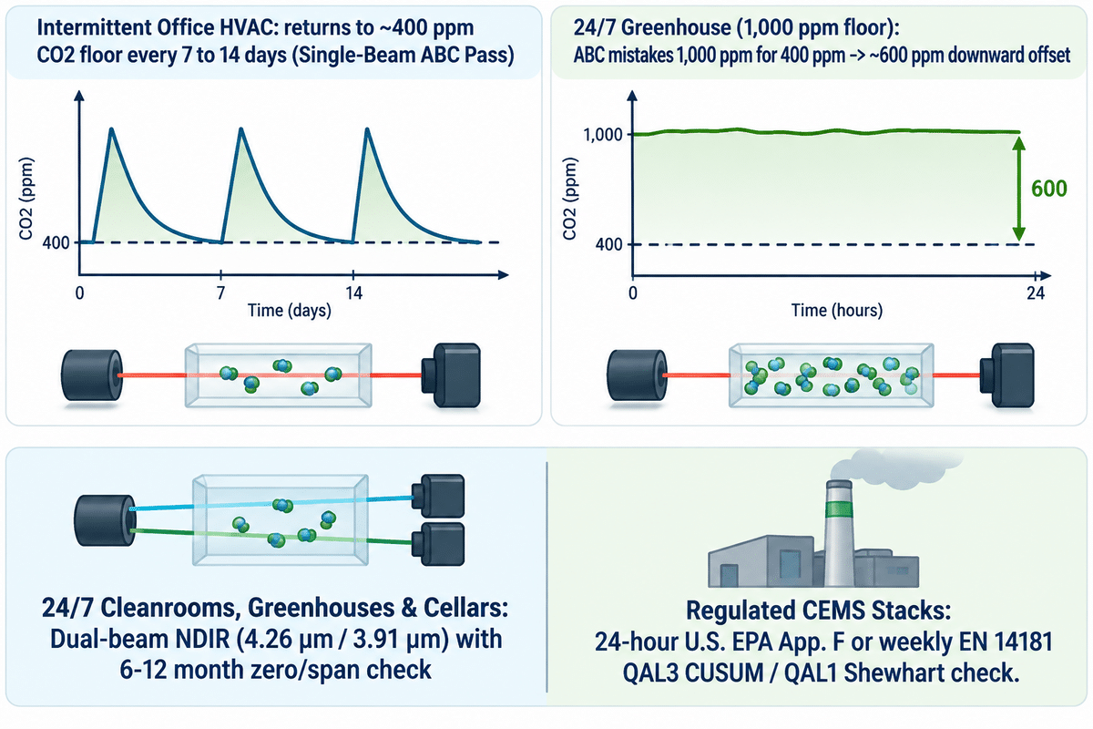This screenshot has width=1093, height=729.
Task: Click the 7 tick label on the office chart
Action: [221, 293]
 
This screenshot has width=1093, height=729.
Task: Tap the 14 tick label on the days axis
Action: [353, 293]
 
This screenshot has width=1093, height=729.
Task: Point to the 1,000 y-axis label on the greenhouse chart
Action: [603, 134]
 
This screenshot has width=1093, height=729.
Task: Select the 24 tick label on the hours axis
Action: [1036, 293]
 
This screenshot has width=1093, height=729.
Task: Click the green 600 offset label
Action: [1049, 189]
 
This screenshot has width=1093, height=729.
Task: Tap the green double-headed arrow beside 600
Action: [1018, 189]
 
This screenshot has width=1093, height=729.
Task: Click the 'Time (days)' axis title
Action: [290, 311]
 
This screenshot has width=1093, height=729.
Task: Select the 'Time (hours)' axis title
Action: [837, 311]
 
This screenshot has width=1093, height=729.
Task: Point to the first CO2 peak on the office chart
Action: [112, 129]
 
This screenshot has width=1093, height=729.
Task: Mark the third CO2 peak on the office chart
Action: [367, 129]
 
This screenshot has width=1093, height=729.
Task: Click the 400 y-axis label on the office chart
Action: [56, 242]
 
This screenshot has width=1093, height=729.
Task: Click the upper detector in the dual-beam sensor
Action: [438, 496]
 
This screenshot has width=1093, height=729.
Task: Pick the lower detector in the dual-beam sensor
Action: [438, 544]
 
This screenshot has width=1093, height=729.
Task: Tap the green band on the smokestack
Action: [839, 510]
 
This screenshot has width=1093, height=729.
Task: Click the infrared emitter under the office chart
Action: [92, 375]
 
